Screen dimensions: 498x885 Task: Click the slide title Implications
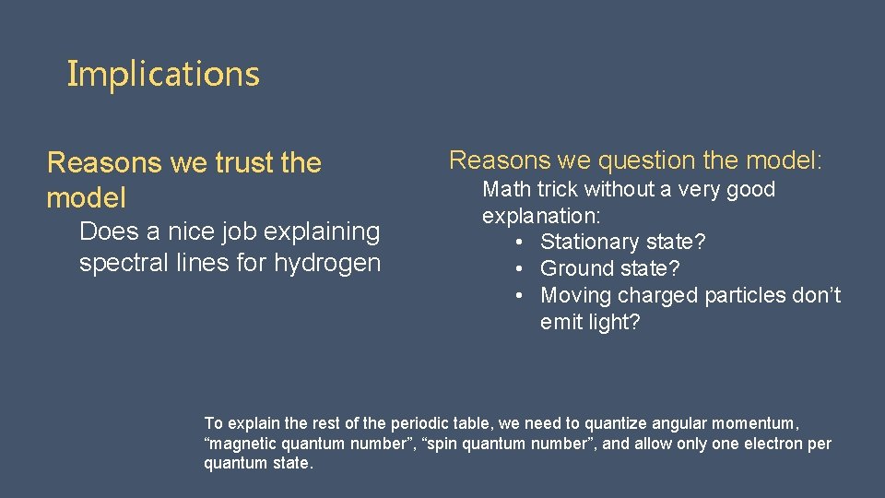point(163,74)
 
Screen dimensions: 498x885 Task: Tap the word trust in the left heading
point(244,163)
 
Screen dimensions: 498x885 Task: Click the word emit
point(561,323)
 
